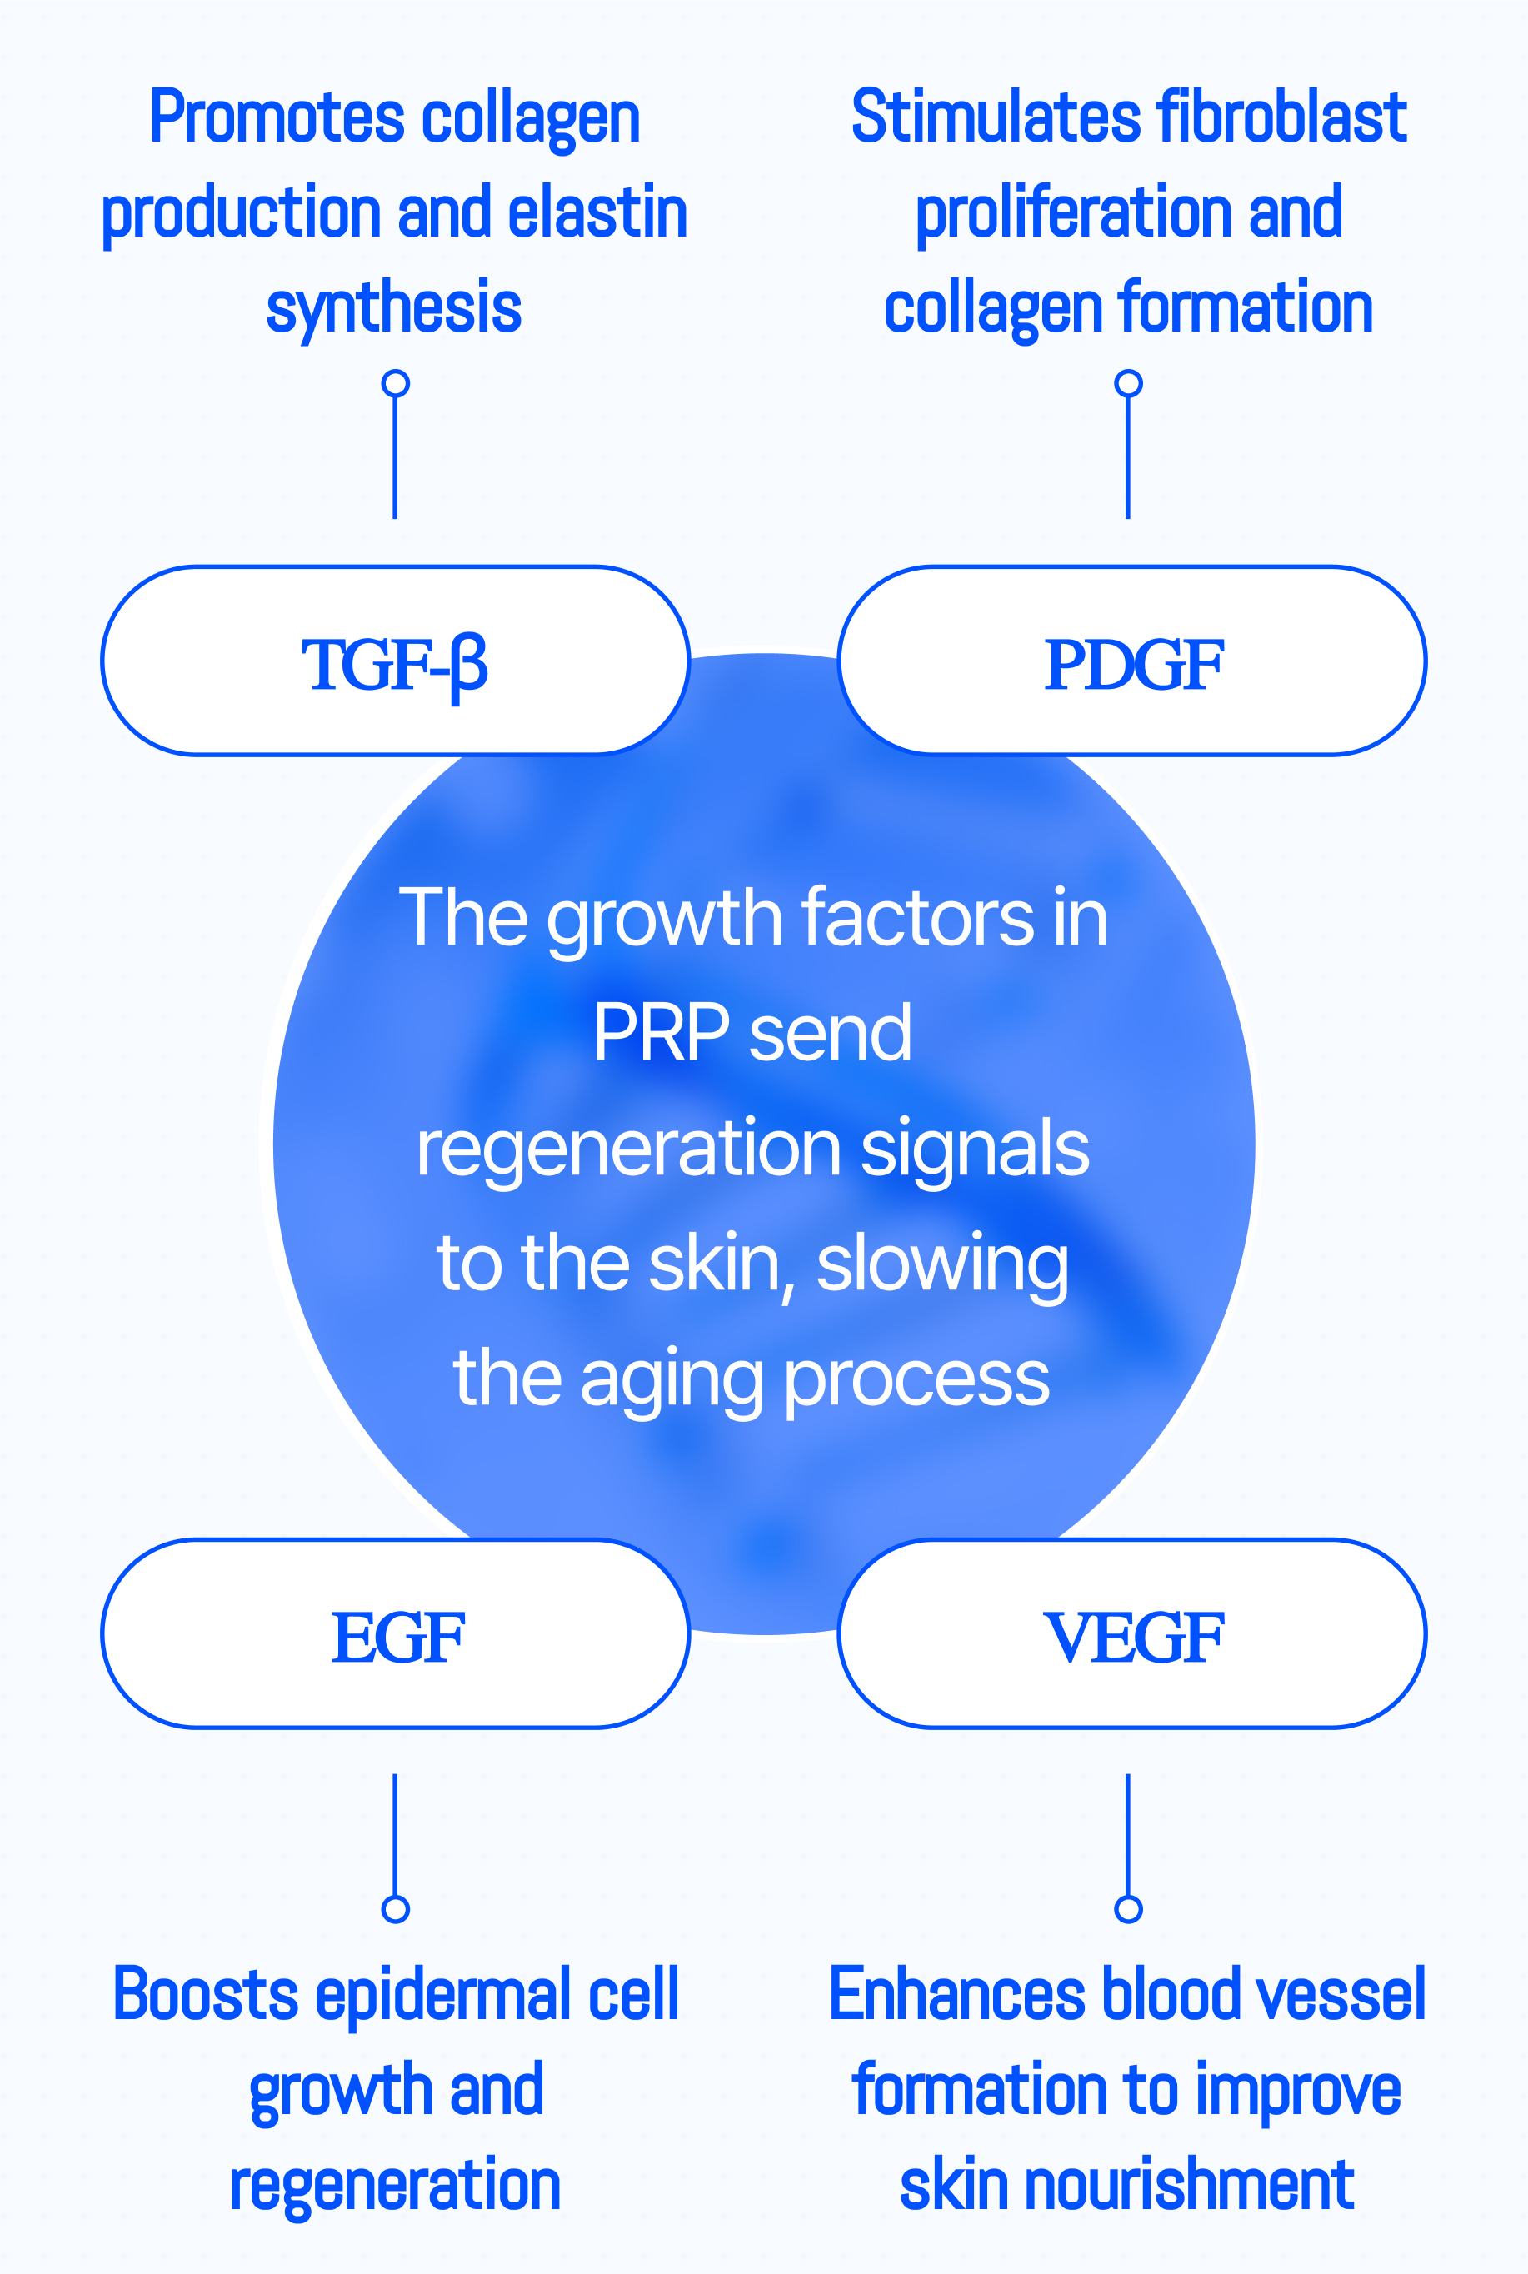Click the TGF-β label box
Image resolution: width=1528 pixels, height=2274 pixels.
point(396,661)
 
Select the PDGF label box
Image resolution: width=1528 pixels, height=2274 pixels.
point(1132,661)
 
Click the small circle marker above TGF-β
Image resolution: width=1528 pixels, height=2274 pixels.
point(395,383)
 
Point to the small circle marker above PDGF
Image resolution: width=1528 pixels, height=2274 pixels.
point(1128,383)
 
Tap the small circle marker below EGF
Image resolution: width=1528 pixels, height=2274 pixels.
point(395,1908)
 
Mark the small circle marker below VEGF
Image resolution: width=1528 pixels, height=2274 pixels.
point(1128,1908)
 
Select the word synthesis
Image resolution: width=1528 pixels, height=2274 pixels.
point(394,308)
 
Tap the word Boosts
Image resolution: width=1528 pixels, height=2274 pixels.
point(206,1995)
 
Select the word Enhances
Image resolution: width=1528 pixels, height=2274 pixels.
point(957,1995)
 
